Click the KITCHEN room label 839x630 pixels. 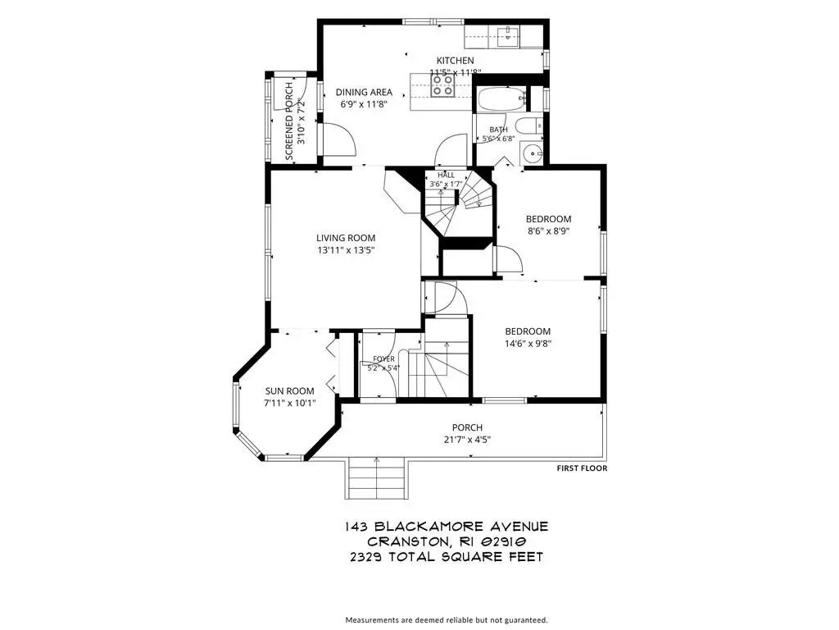pyautogui.click(x=455, y=61)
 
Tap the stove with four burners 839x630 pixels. pyautogui.click(x=443, y=85)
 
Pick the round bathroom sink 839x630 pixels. pyautogui.click(x=530, y=153)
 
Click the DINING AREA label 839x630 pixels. pyautogui.click(x=364, y=92)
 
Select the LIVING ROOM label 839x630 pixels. pyautogui.click(x=346, y=238)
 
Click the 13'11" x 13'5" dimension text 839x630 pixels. pyautogui.click(x=346, y=249)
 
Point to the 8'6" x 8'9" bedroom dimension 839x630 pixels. pyautogui.click(x=548, y=231)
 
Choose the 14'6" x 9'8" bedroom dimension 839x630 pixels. pyautogui.click(x=528, y=344)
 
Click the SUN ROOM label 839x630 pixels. pyautogui.click(x=289, y=391)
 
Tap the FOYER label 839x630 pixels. pyautogui.click(x=383, y=359)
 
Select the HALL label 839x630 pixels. pyautogui.click(x=446, y=176)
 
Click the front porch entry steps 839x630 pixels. pyautogui.click(x=376, y=478)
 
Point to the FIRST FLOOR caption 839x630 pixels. pyautogui.click(x=583, y=468)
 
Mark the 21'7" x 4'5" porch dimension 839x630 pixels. pyautogui.click(x=467, y=440)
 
